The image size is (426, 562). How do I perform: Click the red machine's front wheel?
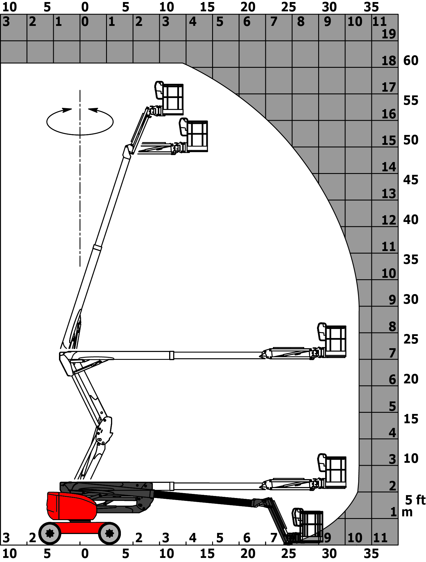[110, 533]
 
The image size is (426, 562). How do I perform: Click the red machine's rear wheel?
[50, 533]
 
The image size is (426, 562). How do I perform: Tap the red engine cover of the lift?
[71, 506]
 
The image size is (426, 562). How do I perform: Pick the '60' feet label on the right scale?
[411, 61]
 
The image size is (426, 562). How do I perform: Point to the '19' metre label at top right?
[389, 34]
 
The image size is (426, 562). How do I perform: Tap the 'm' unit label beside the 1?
[407, 512]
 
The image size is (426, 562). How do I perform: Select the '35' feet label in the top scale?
[371, 7]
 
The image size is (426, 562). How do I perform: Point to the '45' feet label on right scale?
[411, 180]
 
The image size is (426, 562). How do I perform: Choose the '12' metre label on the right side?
[389, 220]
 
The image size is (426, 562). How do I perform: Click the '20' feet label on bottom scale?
[248, 553]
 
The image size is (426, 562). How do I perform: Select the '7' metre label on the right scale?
[392, 353]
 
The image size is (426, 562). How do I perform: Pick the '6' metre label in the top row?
[247, 22]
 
